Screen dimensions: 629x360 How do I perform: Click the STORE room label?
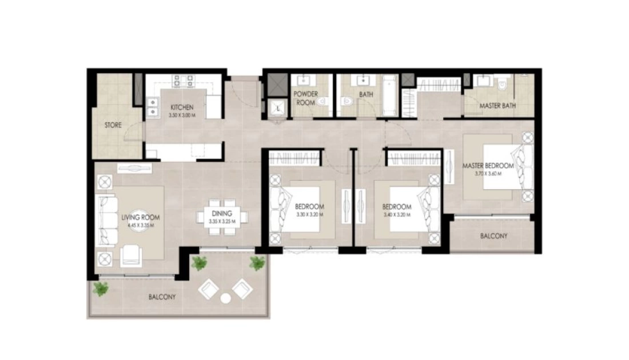point(113,125)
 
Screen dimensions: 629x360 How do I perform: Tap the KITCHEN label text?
point(182,107)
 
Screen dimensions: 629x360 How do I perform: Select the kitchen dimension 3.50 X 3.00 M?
point(182,115)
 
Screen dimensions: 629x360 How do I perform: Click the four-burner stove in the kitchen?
point(183,81)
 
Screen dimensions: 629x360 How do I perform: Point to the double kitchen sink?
point(153,107)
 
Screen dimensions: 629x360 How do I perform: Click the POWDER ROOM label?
point(306,98)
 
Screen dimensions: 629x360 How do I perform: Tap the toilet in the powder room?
point(322,102)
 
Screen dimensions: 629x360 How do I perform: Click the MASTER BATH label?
point(497,106)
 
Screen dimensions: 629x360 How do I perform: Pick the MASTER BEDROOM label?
point(488,166)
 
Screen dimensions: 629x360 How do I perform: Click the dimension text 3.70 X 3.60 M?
point(488,174)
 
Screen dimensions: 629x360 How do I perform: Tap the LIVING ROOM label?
point(141,218)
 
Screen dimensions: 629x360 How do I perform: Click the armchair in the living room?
point(131,255)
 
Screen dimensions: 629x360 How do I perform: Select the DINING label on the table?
point(222,214)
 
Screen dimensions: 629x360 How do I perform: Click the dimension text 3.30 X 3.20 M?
point(310,215)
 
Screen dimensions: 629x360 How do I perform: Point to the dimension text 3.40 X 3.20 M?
point(397,215)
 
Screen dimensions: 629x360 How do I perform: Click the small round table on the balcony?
point(226,298)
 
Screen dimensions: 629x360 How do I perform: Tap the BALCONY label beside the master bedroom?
point(494,236)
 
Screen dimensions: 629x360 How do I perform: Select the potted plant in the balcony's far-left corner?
point(100,288)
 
